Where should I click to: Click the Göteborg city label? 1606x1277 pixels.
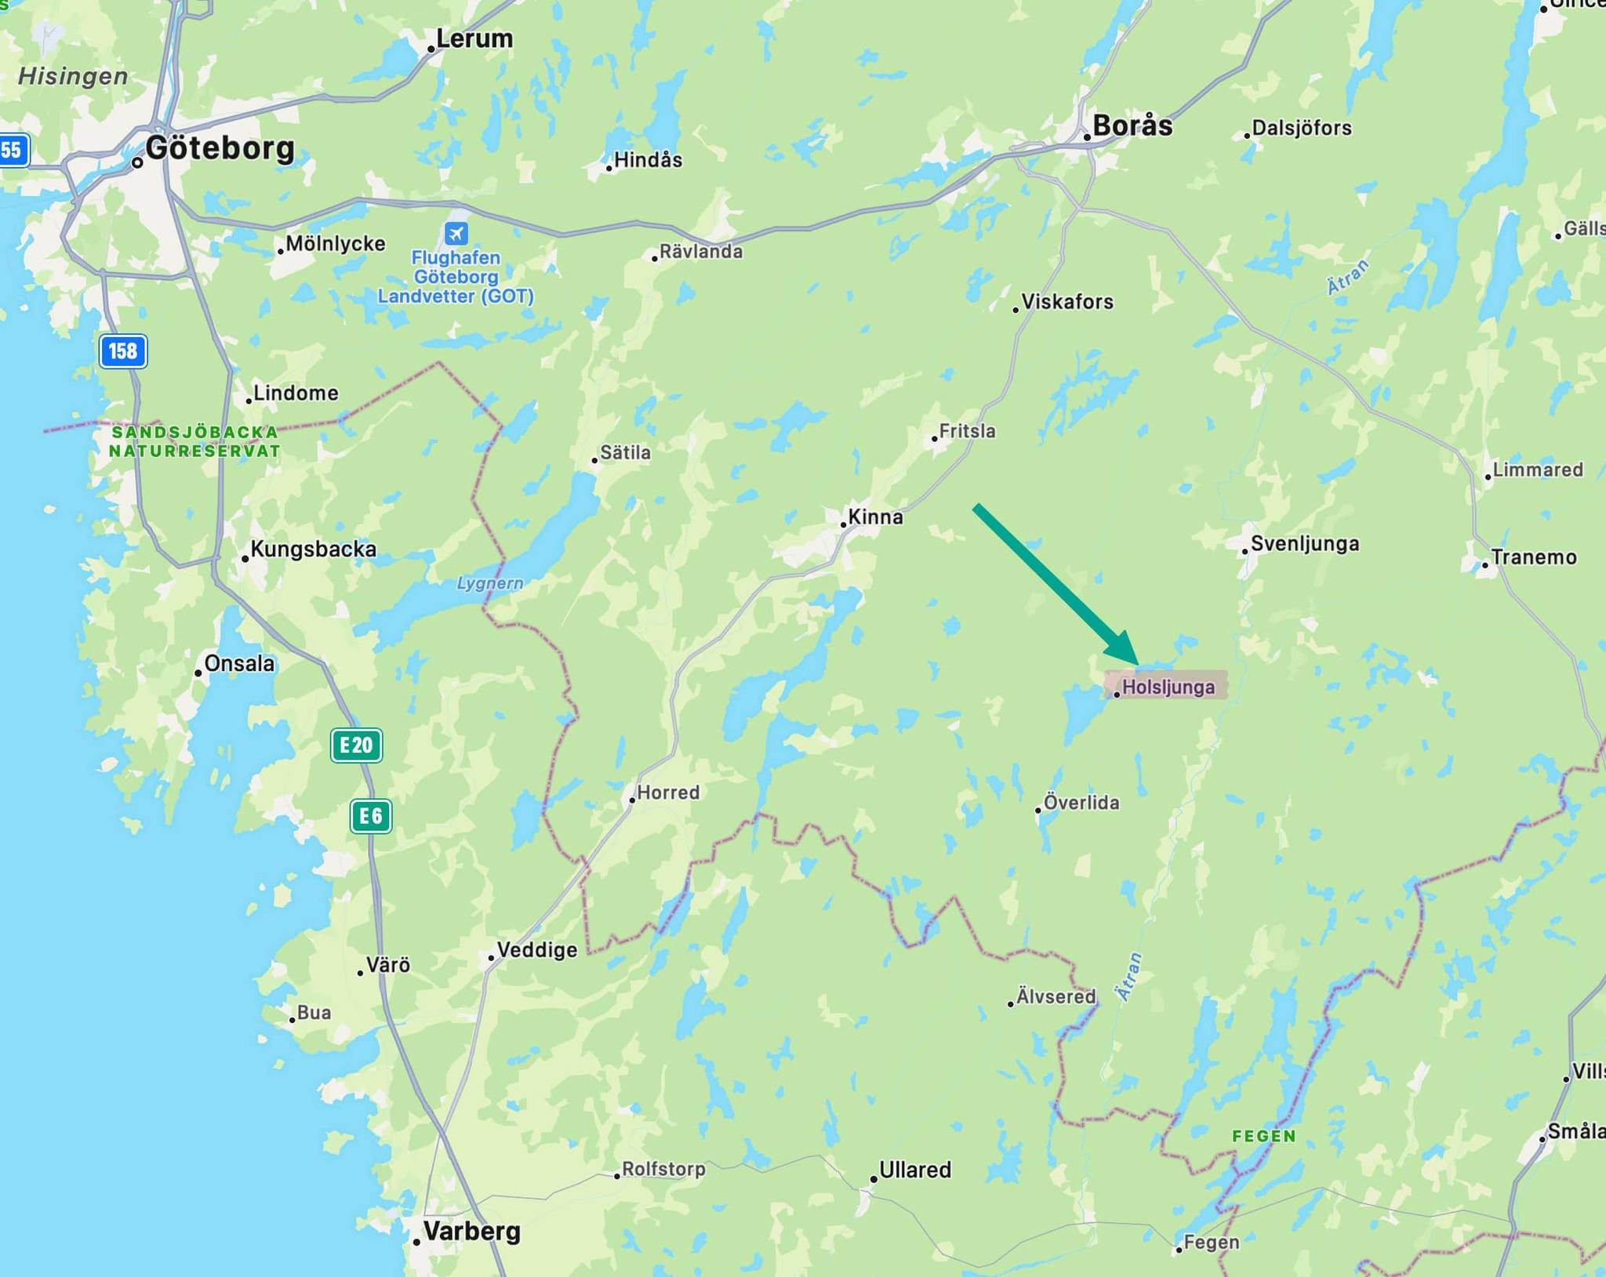coord(220,148)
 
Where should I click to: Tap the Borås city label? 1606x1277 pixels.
coord(1132,125)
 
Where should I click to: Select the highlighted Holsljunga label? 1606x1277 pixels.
coord(1168,687)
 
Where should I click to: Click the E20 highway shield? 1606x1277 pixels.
coord(357,745)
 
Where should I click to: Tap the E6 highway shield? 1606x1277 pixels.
coord(370,816)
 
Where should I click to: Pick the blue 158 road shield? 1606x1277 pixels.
coord(123,350)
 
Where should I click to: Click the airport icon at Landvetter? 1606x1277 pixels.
coord(456,233)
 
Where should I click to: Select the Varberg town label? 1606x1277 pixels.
coord(471,1230)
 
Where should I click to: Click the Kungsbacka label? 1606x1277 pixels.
coord(313,549)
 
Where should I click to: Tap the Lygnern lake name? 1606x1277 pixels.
coord(490,583)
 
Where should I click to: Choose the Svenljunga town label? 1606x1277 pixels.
coord(1304,543)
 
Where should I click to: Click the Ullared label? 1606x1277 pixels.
coord(914,1170)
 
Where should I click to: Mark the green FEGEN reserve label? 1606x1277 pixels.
coord(1264,1136)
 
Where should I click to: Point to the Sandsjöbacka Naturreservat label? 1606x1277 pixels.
coord(194,441)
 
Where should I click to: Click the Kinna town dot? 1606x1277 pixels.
coord(844,524)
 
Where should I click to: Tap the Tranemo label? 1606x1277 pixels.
coord(1533,557)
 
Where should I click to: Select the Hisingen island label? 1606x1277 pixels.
coord(73,76)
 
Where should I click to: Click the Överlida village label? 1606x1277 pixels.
coord(1081,802)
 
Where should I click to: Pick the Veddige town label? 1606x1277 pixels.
coord(536,949)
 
